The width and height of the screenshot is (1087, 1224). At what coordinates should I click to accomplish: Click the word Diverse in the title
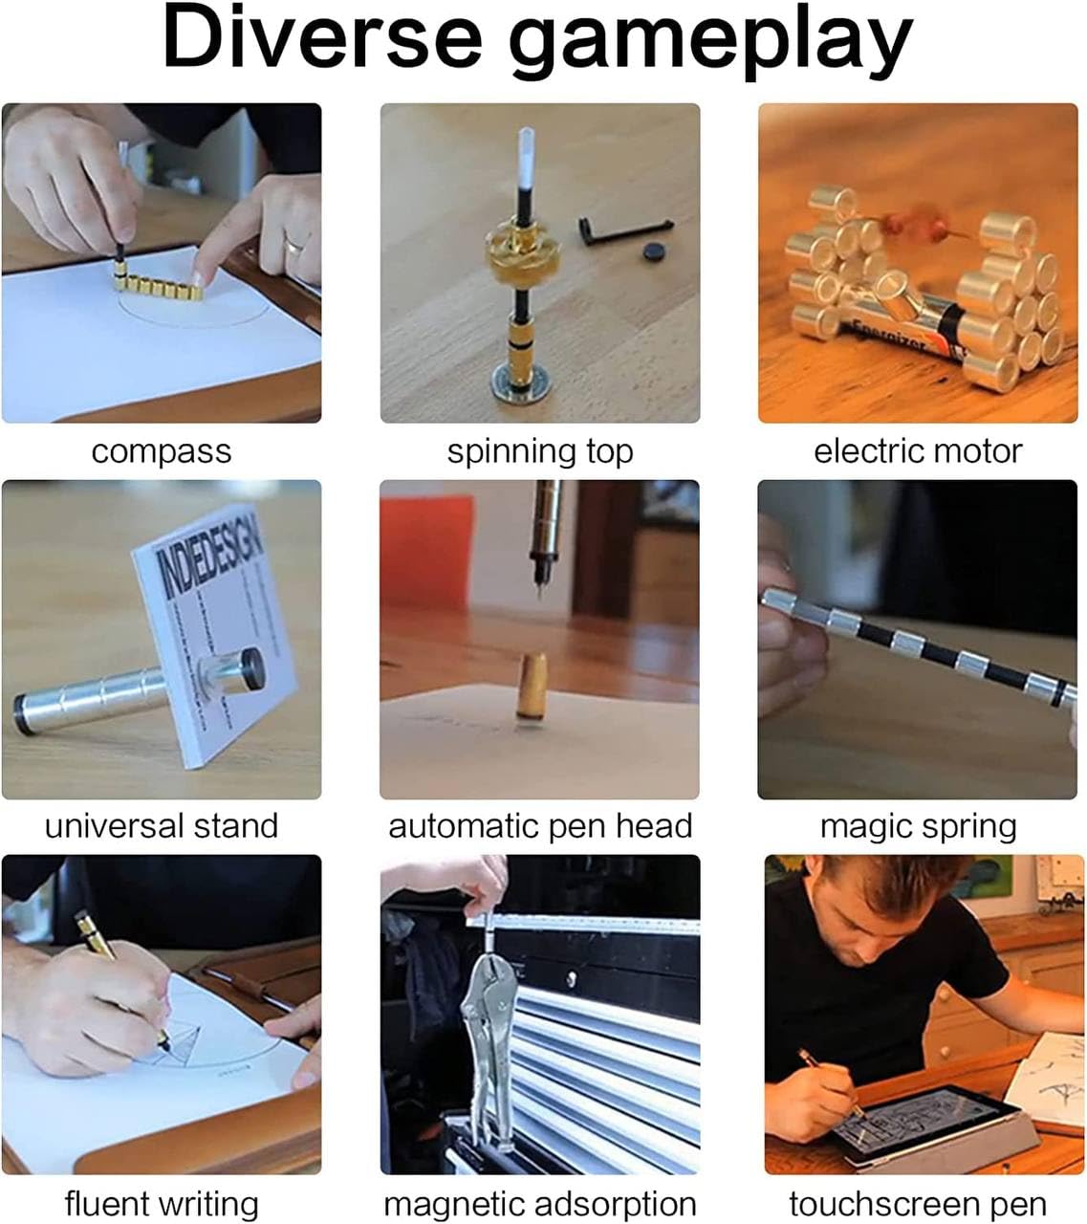tap(322, 39)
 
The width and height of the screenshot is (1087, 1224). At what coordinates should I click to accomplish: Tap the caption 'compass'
tap(161, 451)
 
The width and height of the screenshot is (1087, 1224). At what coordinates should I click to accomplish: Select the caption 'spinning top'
tap(540, 451)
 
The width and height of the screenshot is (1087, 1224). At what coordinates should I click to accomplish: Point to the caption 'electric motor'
tap(918, 451)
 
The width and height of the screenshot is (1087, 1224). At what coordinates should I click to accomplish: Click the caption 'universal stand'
tap(161, 825)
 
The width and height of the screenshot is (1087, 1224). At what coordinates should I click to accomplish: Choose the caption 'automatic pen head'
tap(540, 825)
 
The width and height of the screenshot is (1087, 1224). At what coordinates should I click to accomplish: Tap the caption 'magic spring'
tap(918, 825)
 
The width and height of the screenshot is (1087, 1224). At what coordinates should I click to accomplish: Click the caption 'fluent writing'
tap(161, 1203)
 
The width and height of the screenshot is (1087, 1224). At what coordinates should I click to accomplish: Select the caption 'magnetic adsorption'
tap(540, 1203)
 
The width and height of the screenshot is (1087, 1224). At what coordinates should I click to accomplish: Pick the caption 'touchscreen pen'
tap(918, 1203)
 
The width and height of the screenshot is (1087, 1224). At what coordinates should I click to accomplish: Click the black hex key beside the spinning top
tap(621, 229)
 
